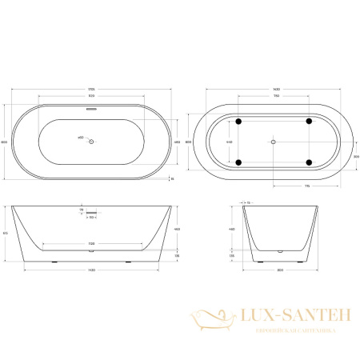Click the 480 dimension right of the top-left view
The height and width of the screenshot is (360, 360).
176,142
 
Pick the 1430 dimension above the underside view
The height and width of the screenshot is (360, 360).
274,89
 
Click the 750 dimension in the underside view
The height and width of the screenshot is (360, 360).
274,98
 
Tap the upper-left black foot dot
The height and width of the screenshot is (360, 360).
238,121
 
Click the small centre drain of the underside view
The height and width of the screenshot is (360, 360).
274,142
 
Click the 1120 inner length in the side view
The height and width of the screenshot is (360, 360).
91,242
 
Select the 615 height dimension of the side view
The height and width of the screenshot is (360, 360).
6,233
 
